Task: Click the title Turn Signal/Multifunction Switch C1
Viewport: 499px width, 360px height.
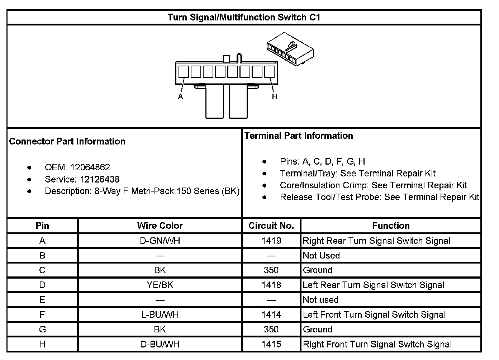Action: point(244,17)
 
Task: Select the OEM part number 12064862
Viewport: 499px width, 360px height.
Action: point(90,167)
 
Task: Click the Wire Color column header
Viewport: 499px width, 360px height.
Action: point(160,226)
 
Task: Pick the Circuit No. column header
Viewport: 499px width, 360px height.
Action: point(271,226)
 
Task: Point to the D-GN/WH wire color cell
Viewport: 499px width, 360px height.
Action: point(160,241)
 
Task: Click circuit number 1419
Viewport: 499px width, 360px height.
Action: point(271,241)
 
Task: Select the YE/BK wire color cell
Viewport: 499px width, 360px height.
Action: point(160,285)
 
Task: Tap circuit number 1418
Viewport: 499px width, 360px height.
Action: point(271,285)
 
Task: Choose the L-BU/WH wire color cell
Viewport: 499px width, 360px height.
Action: point(160,315)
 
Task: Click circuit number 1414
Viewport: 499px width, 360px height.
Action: point(271,315)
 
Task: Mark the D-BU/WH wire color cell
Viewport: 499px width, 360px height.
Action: point(160,345)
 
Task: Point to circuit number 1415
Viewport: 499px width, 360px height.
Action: point(271,345)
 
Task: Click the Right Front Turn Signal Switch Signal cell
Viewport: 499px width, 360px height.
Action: point(377,345)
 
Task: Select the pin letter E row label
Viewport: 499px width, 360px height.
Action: point(42,300)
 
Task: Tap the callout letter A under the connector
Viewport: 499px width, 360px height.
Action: point(180,96)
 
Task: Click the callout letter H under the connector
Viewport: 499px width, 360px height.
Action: point(274,96)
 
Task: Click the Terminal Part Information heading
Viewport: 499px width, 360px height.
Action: point(299,136)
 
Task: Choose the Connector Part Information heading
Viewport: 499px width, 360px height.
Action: point(67,141)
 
